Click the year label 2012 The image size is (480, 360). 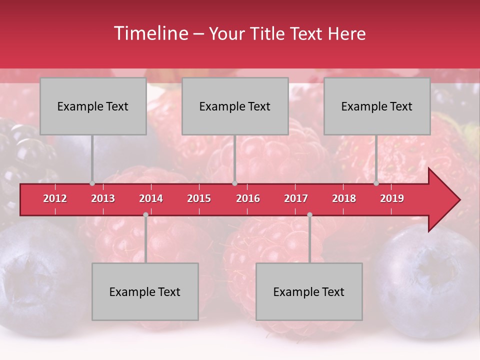pyautogui.click(x=55, y=198)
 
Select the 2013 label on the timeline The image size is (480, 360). pyautogui.click(x=103, y=198)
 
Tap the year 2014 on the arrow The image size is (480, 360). pyautogui.click(x=151, y=198)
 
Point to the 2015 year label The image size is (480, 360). pyautogui.click(x=199, y=198)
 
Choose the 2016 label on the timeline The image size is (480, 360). pyautogui.click(x=248, y=198)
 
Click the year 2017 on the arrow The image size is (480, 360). pyautogui.click(x=296, y=198)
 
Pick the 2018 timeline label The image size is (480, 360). pyautogui.click(x=344, y=198)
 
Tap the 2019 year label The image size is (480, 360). pyautogui.click(x=392, y=198)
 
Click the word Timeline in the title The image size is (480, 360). pyautogui.click(x=150, y=33)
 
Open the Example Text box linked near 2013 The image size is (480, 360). pyautogui.click(x=93, y=106)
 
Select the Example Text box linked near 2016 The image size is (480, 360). pyautogui.click(x=235, y=106)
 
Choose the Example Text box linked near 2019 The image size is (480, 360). pyautogui.click(x=377, y=106)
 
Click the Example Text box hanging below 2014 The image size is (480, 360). pyautogui.click(x=145, y=291)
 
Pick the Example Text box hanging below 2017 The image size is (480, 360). pyautogui.click(x=309, y=291)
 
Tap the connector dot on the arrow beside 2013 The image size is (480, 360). pyautogui.click(x=92, y=183)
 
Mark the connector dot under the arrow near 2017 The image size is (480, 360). pyautogui.click(x=309, y=215)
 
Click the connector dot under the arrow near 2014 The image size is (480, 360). pyautogui.click(x=145, y=215)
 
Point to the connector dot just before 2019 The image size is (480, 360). pyautogui.click(x=376, y=183)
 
